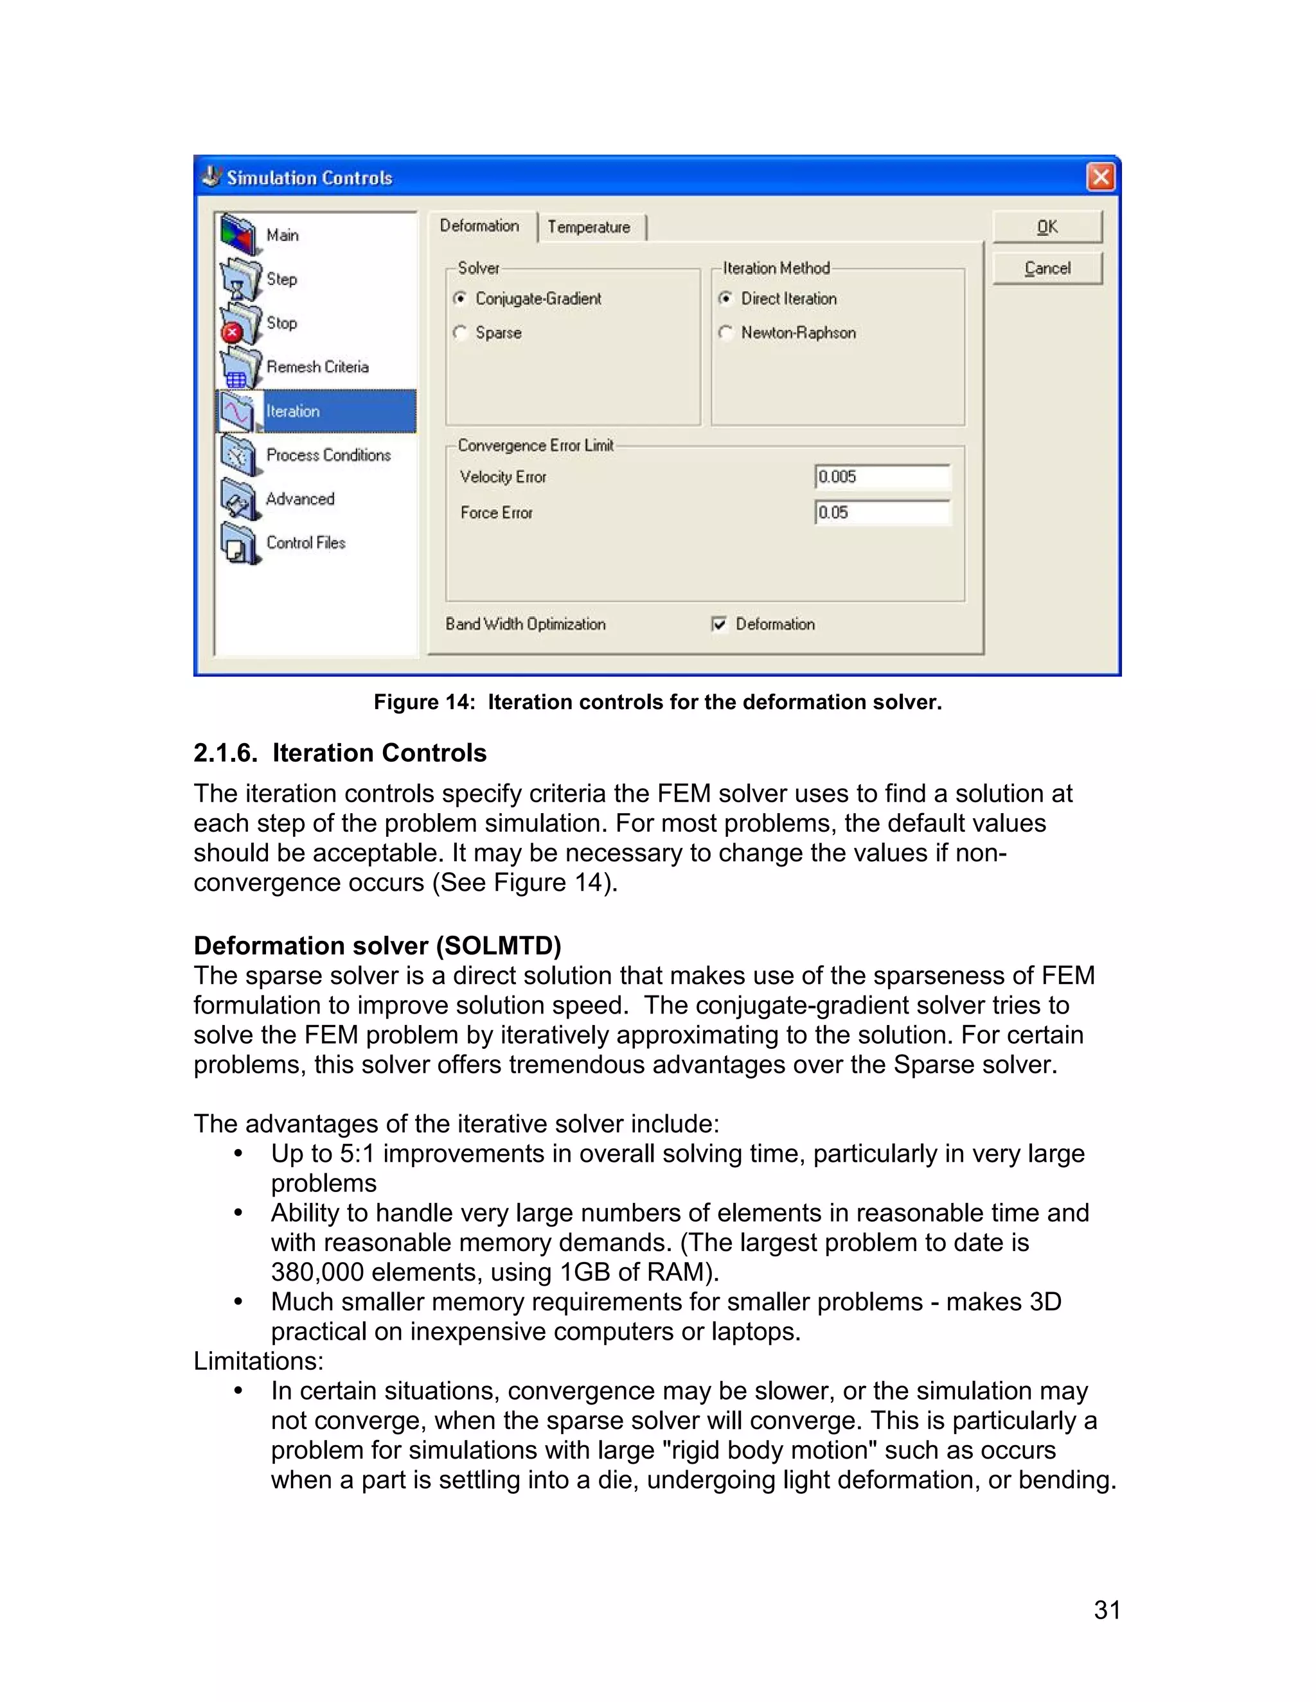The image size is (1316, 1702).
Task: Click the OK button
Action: point(1046,227)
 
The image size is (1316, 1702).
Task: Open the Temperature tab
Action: point(589,227)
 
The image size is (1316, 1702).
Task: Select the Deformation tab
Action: point(479,226)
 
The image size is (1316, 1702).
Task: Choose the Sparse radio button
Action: point(461,333)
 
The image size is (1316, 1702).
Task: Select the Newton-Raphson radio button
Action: point(726,333)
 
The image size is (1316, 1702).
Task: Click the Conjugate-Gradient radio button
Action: point(461,299)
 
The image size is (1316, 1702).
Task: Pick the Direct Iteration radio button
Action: point(726,299)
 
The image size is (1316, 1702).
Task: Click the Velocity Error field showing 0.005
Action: point(882,476)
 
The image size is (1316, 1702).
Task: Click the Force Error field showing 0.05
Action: point(882,512)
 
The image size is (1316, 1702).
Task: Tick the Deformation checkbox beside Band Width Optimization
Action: point(719,624)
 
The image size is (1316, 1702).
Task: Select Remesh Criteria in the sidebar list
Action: point(317,366)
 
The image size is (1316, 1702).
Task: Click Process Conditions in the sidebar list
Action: point(328,454)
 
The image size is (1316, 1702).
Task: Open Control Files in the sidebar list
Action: point(306,543)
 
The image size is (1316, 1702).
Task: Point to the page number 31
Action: point(1107,1610)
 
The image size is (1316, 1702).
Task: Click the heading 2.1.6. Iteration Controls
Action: point(340,753)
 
